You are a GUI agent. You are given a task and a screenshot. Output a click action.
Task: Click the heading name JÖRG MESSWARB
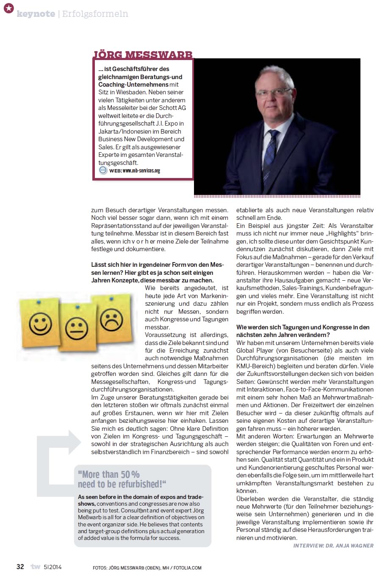[143, 54]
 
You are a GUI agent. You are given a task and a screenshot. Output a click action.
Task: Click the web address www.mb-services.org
[141, 171]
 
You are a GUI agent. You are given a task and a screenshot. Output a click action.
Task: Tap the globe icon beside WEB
[103, 170]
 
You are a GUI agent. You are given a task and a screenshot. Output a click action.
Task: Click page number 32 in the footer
[20, 567]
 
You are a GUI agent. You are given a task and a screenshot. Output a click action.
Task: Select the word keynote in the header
[36, 14]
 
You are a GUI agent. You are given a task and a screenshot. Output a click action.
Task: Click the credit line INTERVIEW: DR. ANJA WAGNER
[333, 545]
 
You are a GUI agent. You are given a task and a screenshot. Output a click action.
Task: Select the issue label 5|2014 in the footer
[53, 567]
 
